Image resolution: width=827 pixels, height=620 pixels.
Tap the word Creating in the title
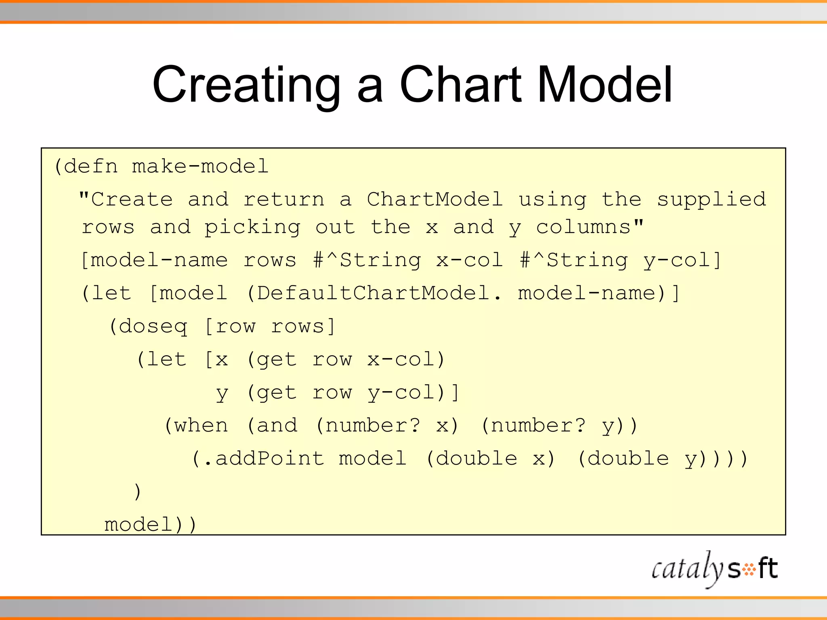(247, 86)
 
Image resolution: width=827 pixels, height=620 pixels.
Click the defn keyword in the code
(91, 166)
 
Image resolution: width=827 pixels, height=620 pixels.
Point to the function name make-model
(200, 166)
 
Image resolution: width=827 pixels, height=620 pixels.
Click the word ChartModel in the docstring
(435, 199)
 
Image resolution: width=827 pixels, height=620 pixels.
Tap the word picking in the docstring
(252, 228)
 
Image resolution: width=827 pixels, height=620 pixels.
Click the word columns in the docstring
(584, 227)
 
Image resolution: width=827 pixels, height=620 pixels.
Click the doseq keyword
(153, 326)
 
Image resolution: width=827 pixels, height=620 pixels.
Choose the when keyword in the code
(201, 425)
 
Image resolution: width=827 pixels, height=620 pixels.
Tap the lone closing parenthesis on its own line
(137, 492)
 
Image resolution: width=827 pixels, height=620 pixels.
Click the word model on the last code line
(139, 525)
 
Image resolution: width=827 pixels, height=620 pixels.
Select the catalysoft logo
(714, 569)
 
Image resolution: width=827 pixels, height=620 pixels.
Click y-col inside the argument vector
(677, 260)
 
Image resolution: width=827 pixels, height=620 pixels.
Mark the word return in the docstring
(283, 199)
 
